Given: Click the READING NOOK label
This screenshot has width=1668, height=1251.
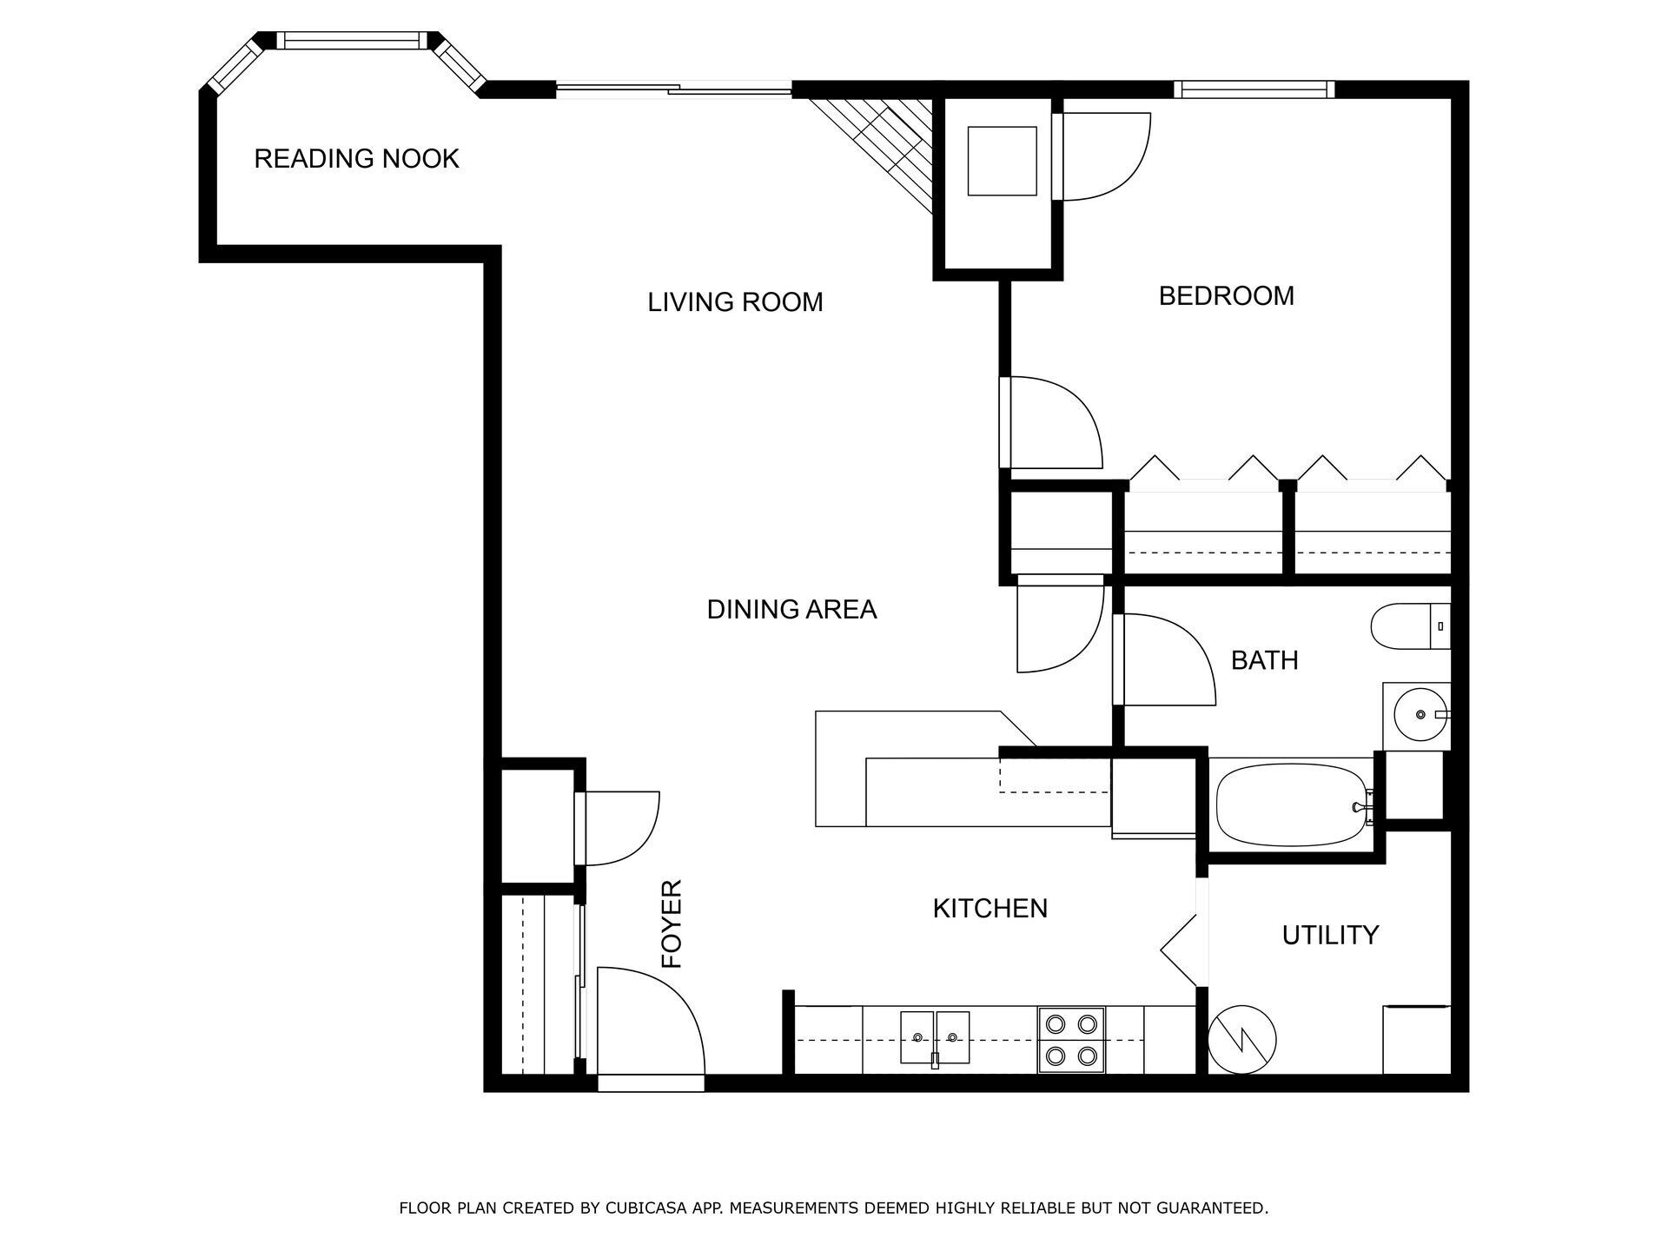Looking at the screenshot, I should [356, 159].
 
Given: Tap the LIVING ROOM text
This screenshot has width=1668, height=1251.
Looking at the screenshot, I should [735, 302].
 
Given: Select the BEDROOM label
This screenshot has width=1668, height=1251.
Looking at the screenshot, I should [1226, 296].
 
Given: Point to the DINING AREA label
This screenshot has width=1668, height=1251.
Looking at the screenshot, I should [791, 610].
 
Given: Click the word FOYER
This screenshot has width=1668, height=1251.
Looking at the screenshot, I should [672, 924].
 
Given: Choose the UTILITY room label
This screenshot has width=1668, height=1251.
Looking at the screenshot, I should [1330, 936].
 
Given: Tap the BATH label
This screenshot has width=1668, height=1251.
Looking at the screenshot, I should [1264, 660].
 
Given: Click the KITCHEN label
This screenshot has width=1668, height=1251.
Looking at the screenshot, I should [990, 909].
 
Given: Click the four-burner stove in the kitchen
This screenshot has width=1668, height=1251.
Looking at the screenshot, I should [1071, 1040].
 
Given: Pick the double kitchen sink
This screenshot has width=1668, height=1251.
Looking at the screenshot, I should [935, 1037].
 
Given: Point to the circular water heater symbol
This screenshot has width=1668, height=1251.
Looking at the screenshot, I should [1242, 1040].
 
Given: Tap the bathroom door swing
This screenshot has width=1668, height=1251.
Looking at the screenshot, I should [1164, 660].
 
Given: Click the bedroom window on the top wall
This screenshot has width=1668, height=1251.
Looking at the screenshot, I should [1254, 89].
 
